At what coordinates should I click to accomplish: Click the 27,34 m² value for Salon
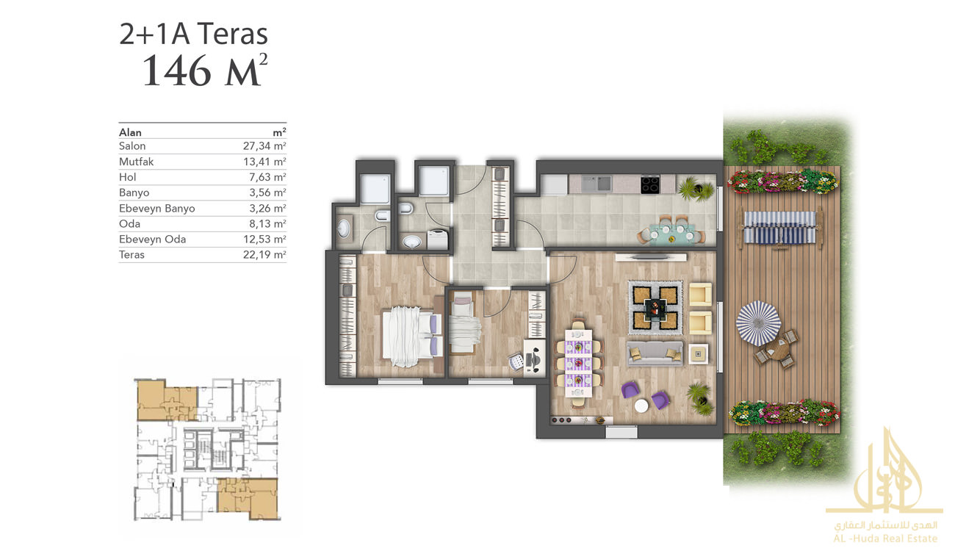pyautogui.click(x=264, y=146)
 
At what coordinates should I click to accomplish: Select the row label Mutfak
pyautogui.click(x=136, y=162)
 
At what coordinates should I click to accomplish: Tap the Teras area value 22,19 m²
pyautogui.click(x=264, y=255)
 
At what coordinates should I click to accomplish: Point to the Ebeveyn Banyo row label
pyautogui.click(x=157, y=208)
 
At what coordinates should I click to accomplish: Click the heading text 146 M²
pyautogui.click(x=205, y=71)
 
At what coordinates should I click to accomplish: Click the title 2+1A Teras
pyautogui.click(x=193, y=34)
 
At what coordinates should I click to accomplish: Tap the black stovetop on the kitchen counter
pyautogui.click(x=650, y=184)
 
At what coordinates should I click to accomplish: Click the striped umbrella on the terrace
pyautogui.click(x=758, y=323)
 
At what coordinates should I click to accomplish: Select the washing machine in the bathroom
pyautogui.click(x=437, y=239)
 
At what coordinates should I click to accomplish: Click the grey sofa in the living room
pyautogui.click(x=655, y=353)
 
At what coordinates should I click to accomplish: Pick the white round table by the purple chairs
pyautogui.click(x=641, y=406)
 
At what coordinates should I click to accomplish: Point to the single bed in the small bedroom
pyautogui.click(x=463, y=323)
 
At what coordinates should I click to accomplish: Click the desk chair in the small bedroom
pyautogui.click(x=516, y=362)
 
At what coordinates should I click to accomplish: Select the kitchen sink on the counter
pyautogui.click(x=597, y=184)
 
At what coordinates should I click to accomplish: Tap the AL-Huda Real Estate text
pyautogui.click(x=885, y=539)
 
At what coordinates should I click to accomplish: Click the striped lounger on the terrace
pyautogui.click(x=779, y=228)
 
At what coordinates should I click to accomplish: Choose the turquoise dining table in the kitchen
pyautogui.click(x=671, y=234)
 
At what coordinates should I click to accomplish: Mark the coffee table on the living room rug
pyautogui.click(x=655, y=308)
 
